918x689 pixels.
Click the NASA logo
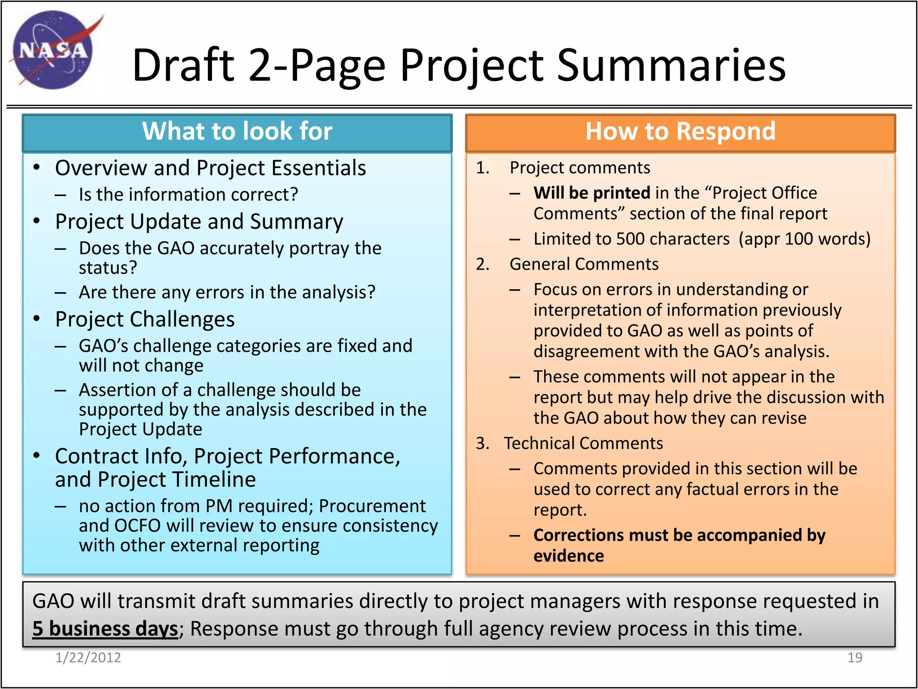pyautogui.click(x=53, y=50)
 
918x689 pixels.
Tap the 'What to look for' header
pyautogui.click(x=237, y=131)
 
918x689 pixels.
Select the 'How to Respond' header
pyautogui.click(x=680, y=131)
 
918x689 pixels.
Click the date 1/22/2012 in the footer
pyautogui.click(x=88, y=658)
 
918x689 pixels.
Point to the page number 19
pyautogui.click(x=854, y=658)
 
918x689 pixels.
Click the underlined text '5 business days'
pyautogui.click(x=105, y=629)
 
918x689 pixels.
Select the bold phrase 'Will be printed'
pyautogui.click(x=592, y=193)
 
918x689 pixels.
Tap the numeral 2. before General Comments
pyautogui.click(x=483, y=264)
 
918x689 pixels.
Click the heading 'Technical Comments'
pyautogui.click(x=583, y=444)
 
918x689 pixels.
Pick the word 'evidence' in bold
pyautogui.click(x=568, y=556)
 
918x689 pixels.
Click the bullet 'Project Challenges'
pyautogui.click(x=145, y=319)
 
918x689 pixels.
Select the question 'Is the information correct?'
pyautogui.click(x=188, y=195)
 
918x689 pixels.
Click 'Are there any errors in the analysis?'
pyautogui.click(x=227, y=292)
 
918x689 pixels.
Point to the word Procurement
pyautogui.click(x=372, y=506)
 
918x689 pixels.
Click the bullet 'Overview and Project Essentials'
pyautogui.click(x=210, y=168)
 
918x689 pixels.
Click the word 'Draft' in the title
pyautogui.click(x=184, y=65)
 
